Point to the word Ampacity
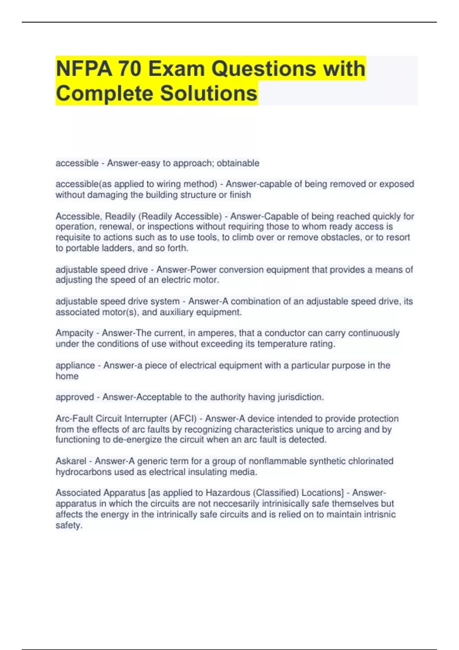(74, 333)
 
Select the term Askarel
(71, 461)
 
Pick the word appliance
(75, 366)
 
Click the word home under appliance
(67, 376)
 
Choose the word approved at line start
(75, 397)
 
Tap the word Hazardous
(228, 493)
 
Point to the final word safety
(69, 525)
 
